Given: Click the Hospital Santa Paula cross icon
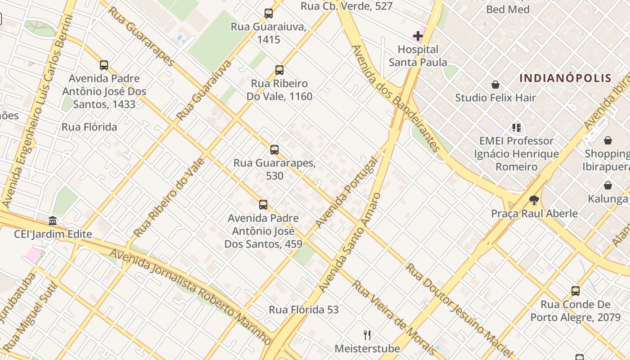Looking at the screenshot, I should [418, 36].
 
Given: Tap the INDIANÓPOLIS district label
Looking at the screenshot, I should [566, 78].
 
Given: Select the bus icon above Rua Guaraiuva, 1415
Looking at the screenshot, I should [269, 13].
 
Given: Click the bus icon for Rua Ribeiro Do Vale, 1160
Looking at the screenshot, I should [279, 70].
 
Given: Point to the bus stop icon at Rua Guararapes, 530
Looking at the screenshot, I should [274, 150].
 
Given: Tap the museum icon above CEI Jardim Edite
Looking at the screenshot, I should [53, 221].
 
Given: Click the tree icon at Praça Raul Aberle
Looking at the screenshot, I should [534, 200].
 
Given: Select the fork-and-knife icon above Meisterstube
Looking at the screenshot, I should [367, 335].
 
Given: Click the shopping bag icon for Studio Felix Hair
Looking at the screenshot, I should [495, 85].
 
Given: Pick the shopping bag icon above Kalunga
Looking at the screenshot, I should [608, 185].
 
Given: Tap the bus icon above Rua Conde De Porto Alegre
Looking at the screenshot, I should [575, 291].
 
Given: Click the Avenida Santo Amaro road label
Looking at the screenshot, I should [350, 243].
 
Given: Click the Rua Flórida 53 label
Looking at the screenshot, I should [304, 310].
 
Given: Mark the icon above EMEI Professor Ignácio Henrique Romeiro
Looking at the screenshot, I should [516, 128].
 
